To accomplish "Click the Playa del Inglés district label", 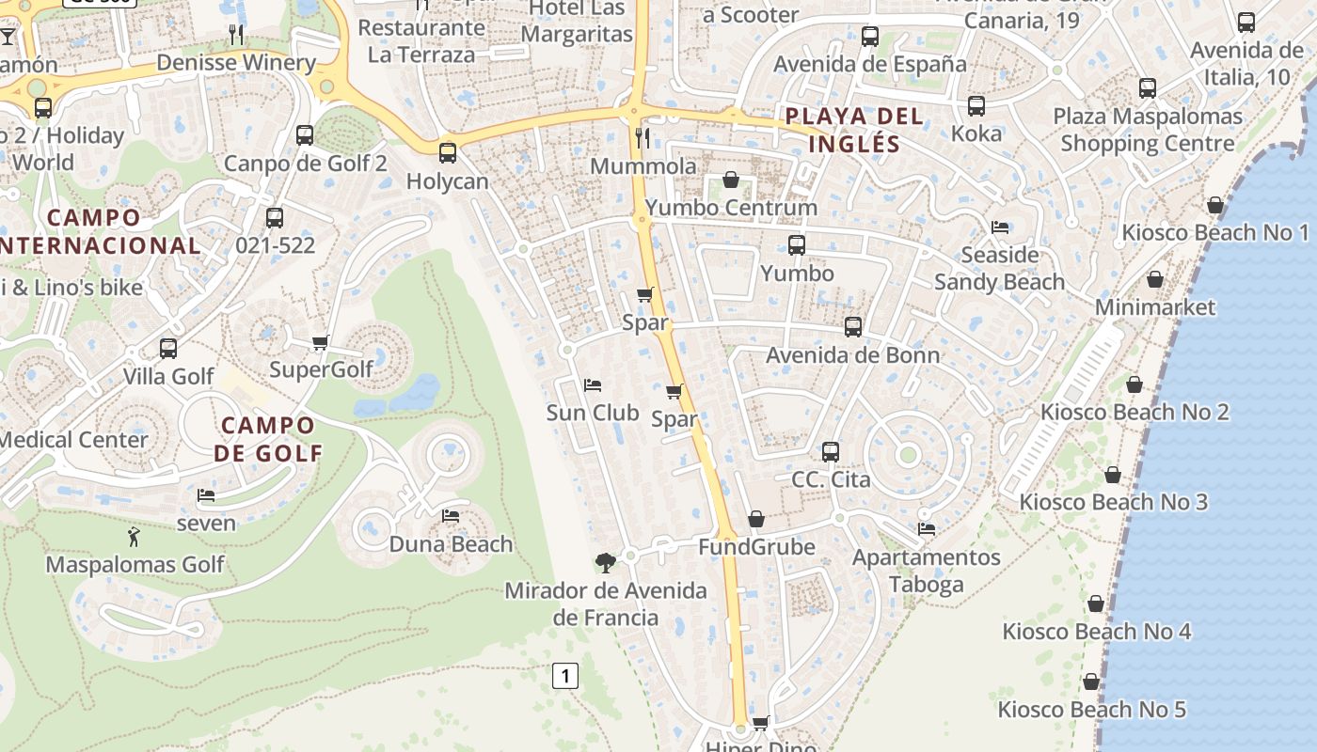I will click(x=854, y=130).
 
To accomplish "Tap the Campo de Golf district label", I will click(x=267, y=439).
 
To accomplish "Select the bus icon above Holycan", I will click(x=448, y=152).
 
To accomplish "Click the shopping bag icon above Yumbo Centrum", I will click(x=731, y=180).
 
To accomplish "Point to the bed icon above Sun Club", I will click(x=593, y=385).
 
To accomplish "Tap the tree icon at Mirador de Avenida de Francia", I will click(x=606, y=562).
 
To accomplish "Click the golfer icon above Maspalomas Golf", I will click(x=135, y=538).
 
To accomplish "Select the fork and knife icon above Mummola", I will click(x=643, y=138).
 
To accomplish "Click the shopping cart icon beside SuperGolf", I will click(x=321, y=342).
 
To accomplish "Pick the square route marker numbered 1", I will click(x=564, y=675).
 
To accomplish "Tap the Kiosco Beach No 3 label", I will click(x=1113, y=502).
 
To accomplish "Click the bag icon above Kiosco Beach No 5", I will click(x=1091, y=681).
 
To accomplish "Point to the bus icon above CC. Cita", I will click(x=830, y=452).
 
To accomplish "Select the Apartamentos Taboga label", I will click(x=926, y=571).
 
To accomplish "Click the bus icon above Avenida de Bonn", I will click(x=852, y=327).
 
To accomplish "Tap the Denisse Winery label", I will click(x=235, y=63).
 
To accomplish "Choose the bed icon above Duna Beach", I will click(x=451, y=516).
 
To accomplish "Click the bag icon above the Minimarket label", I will click(x=1155, y=280).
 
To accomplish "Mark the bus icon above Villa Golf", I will click(x=168, y=349).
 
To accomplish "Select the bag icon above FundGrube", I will click(x=756, y=519).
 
